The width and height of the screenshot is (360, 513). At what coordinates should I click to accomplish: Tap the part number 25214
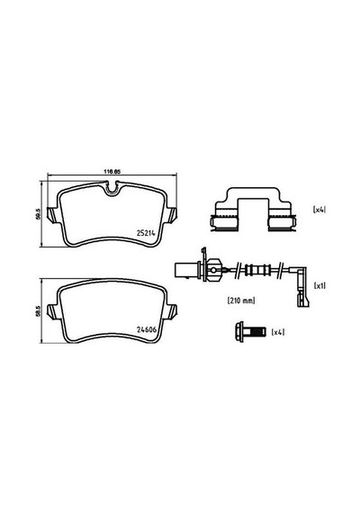click(145, 232)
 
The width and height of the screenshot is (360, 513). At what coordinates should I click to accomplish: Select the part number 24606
click(147, 329)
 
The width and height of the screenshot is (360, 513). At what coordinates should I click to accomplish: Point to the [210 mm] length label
click(241, 301)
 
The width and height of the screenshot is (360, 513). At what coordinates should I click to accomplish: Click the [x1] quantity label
click(319, 286)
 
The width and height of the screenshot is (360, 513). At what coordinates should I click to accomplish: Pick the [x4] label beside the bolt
click(278, 332)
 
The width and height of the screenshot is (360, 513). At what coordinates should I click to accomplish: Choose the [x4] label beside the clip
click(319, 210)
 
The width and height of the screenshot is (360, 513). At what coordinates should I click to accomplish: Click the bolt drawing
click(250, 332)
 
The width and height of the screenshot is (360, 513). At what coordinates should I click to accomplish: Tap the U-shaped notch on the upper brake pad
click(112, 189)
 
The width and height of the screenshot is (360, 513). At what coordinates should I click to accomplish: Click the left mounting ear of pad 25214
click(53, 215)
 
